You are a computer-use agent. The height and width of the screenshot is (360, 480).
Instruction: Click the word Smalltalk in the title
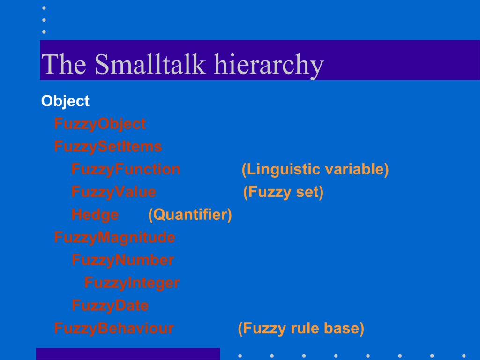point(150,64)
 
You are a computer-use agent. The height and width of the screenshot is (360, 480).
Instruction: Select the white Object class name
point(65,101)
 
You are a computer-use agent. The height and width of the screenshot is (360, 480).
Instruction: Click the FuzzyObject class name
point(100,124)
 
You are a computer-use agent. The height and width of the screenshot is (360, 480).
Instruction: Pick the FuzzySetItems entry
point(108,146)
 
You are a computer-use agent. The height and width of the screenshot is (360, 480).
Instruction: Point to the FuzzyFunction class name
point(126,169)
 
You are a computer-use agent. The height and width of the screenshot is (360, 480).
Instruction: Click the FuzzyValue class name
point(113,192)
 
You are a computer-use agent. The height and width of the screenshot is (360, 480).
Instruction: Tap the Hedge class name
point(95,215)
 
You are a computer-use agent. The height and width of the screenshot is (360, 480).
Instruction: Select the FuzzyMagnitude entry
point(115,238)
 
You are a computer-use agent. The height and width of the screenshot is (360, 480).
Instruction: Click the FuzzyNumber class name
point(123,260)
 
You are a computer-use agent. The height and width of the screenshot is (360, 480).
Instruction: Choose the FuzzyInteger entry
point(132,283)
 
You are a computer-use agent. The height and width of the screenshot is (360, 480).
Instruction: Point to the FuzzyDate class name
point(110,306)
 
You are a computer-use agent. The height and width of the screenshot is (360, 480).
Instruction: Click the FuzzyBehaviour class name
point(114,328)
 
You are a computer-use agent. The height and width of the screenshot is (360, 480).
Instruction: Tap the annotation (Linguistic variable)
point(315,169)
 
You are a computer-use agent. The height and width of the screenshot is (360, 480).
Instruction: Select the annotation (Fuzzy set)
point(283,192)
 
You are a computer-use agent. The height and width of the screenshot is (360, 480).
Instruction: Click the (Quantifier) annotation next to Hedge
point(190,215)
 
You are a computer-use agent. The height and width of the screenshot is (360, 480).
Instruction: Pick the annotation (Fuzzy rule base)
point(301,329)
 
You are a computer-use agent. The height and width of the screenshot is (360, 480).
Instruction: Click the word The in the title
point(64,64)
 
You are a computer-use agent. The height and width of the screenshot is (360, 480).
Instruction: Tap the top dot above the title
point(44,8)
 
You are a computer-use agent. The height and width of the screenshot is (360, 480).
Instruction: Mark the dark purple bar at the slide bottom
point(128,354)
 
